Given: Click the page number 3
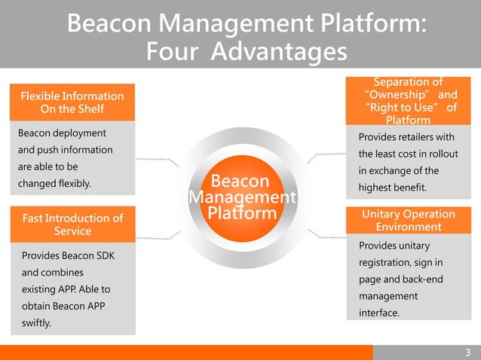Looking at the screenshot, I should click(x=467, y=352).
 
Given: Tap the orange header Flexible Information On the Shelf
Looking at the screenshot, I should click(x=72, y=102).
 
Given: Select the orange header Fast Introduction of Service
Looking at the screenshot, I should click(x=72, y=224).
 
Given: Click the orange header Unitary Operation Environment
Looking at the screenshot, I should click(x=409, y=221).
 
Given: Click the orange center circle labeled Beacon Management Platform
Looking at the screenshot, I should click(x=240, y=197).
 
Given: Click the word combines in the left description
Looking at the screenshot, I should click(x=52, y=271).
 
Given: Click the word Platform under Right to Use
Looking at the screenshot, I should click(x=408, y=120).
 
